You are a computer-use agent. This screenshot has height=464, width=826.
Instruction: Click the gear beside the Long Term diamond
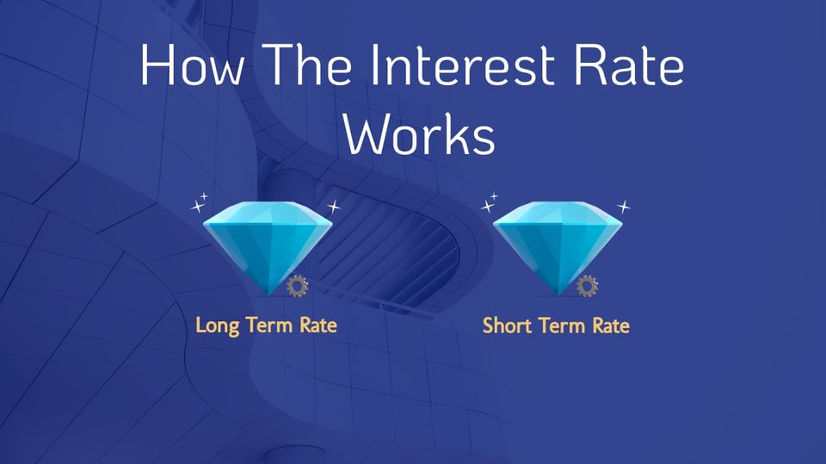point(298,286)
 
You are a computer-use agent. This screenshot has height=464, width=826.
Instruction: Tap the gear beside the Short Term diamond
point(588,286)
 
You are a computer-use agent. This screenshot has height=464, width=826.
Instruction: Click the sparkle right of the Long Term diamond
point(335,207)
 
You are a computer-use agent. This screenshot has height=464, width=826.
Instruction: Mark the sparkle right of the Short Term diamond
point(625,207)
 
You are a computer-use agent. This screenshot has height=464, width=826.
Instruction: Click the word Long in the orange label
point(216,326)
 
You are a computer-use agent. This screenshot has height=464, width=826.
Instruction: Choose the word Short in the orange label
point(504,325)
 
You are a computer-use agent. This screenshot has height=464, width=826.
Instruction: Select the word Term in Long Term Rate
point(268,325)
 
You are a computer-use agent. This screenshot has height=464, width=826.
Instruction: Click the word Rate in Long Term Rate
point(317,325)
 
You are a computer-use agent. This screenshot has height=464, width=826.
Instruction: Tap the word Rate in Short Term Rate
point(609,325)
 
